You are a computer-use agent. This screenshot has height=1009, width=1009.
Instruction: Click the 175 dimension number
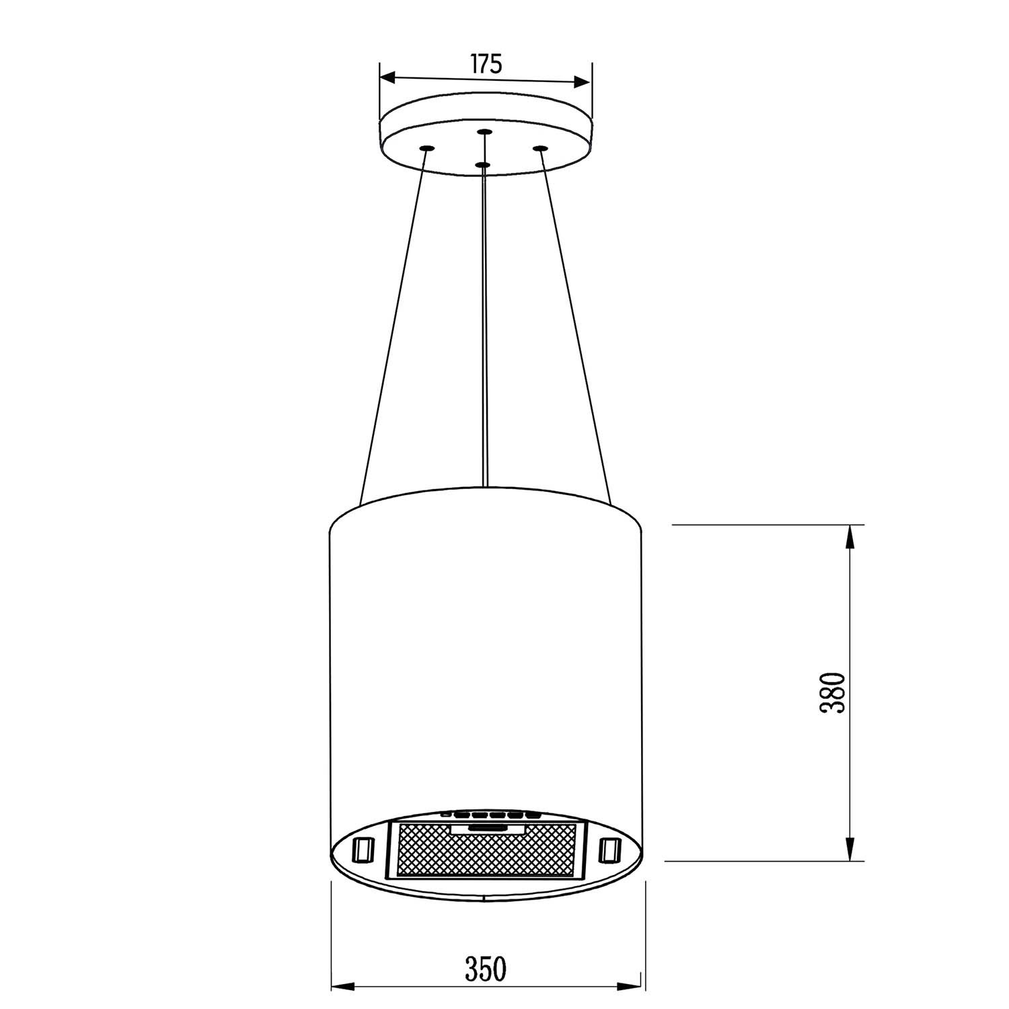point(486,64)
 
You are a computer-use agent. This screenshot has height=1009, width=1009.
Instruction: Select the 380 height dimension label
point(832,692)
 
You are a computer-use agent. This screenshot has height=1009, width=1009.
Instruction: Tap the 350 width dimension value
point(486,969)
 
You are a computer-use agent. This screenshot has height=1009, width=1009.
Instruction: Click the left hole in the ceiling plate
point(425,148)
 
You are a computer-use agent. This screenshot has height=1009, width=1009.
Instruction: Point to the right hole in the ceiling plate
point(539,148)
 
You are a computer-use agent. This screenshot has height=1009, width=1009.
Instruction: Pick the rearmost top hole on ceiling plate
point(483,131)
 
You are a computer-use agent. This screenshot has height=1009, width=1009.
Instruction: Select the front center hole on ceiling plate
point(482,163)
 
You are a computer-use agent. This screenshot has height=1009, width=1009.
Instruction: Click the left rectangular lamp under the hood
point(363,848)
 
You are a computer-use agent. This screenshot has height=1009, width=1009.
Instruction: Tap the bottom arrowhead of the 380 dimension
point(850,849)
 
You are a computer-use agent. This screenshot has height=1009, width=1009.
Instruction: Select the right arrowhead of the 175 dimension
point(580,83)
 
